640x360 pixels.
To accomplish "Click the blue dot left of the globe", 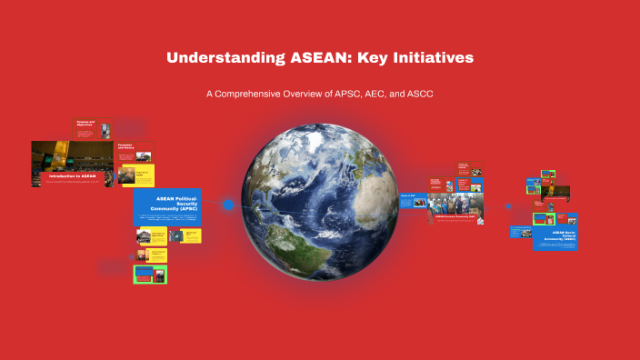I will tap(228, 205).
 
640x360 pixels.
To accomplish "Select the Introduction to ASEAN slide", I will tap(73, 163).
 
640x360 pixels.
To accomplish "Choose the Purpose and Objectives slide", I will tap(92, 129).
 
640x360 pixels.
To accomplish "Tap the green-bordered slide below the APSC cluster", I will tap(151, 274).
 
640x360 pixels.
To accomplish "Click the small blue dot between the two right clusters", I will tap(508, 205).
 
